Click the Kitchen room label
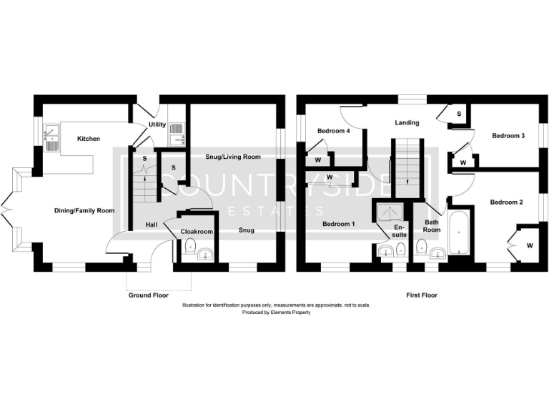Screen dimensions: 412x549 (x=89, y=139)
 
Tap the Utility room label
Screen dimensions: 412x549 (x=157, y=125)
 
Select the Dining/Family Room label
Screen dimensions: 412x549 (x=84, y=210)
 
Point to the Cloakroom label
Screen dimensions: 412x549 (x=196, y=232)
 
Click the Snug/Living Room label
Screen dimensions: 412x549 (x=232, y=157)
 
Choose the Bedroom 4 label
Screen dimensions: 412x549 (x=333, y=131)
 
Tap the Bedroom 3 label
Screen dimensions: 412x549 (x=508, y=135)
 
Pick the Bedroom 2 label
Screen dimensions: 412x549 (x=506, y=202)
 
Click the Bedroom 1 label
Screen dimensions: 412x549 (x=338, y=224)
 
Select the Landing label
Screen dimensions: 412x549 (x=407, y=122)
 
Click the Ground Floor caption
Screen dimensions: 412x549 (x=148, y=295)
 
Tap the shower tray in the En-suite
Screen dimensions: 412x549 (x=390, y=212)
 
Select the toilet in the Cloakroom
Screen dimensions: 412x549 (x=189, y=247)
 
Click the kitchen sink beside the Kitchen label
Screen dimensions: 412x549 (x=51, y=137)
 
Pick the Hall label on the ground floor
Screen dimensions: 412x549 (x=152, y=225)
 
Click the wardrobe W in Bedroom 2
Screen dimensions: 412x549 (x=530, y=245)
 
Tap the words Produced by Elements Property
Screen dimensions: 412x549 (x=276, y=313)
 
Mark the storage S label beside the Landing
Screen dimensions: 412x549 (x=458, y=114)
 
